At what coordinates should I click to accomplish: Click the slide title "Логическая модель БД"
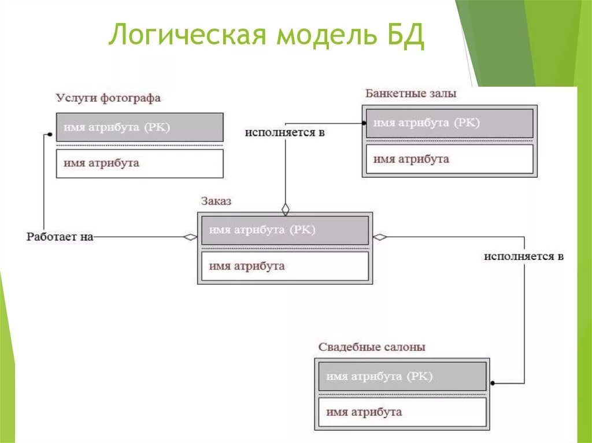click(267, 36)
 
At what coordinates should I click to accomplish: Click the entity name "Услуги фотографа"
click(108, 98)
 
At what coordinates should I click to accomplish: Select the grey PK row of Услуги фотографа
click(139, 128)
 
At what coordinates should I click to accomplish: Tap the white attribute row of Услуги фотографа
click(139, 163)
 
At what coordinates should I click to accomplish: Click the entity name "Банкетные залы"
click(410, 93)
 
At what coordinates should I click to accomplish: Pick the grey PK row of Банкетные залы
click(449, 123)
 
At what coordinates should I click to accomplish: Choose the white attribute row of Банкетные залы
click(449, 159)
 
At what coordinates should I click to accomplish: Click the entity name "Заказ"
click(216, 201)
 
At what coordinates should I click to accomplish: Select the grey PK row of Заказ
click(284, 230)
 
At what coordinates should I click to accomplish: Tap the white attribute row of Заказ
click(284, 266)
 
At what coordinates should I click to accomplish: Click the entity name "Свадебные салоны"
click(372, 347)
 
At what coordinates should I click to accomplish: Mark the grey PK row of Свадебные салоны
click(402, 377)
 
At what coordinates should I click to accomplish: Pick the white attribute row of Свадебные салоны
click(402, 412)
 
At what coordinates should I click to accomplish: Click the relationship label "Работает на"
click(60, 237)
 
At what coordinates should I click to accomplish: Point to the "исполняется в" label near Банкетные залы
click(284, 133)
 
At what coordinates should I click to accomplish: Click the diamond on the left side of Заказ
click(190, 237)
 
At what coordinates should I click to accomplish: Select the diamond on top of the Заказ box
click(285, 209)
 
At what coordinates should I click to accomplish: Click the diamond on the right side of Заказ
click(380, 237)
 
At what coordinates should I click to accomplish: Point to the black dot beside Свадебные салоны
click(493, 383)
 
